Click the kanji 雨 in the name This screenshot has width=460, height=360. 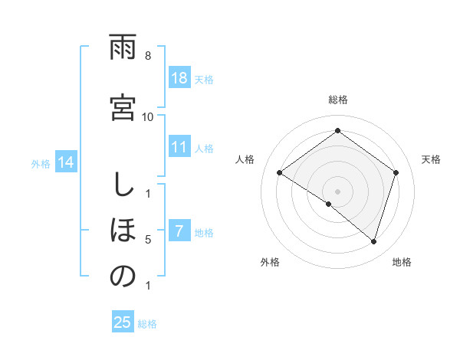[123, 49]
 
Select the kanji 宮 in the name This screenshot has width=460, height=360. [123, 107]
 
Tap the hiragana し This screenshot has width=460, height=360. [123, 186]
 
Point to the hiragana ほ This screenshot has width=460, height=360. [123, 231]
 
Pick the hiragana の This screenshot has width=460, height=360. [123, 277]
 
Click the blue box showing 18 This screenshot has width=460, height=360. [179, 78]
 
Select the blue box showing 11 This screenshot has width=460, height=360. [179, 148]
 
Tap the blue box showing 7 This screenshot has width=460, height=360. [179, 231]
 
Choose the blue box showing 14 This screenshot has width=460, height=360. [66, 162]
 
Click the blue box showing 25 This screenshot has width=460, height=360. [123, 322]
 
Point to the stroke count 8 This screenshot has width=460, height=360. [148, 57]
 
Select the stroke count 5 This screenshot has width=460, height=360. [148, 240]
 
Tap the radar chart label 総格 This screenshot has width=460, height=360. [337, 100]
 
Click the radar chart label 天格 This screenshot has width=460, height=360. [432, 159]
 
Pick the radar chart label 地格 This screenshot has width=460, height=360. [402, 262]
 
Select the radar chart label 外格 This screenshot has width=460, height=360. [270, 262]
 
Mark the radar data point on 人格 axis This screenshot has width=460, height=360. [280, 173]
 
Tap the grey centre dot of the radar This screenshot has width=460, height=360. [337, 191]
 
